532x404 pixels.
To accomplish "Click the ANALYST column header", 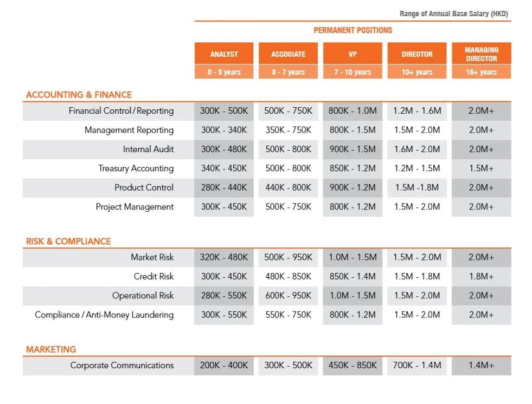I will coord(224,54).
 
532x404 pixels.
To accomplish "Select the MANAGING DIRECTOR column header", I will coord(481,54).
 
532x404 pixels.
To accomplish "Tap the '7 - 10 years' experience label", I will coord(352,72).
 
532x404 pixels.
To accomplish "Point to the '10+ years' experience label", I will coord(416,72).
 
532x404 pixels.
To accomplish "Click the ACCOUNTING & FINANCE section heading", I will coord(79,95).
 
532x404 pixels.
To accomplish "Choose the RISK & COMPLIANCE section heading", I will coord(68,242).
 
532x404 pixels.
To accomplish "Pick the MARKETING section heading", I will coord(51,349).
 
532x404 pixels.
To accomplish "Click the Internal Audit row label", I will coord(148,149).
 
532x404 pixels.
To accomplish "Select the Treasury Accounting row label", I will coord(136,168).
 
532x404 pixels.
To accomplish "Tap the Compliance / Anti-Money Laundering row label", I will coord(104,315).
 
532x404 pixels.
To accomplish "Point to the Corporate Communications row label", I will coord(122,366).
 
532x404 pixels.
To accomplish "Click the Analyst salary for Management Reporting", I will coord(223,130).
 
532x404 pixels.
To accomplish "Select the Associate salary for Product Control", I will coord(288,188).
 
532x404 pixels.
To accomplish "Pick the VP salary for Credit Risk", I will coord(352,277).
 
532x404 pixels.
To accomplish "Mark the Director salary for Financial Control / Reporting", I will coord(417,111).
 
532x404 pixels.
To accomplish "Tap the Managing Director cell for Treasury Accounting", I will coord(481,168).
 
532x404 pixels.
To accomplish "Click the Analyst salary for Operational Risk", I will coord(223,296).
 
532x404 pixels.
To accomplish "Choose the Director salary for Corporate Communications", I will coord(417,366).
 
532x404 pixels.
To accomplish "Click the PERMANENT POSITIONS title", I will coord(352,30).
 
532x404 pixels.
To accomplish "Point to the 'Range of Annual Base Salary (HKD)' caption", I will coord(453,14).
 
